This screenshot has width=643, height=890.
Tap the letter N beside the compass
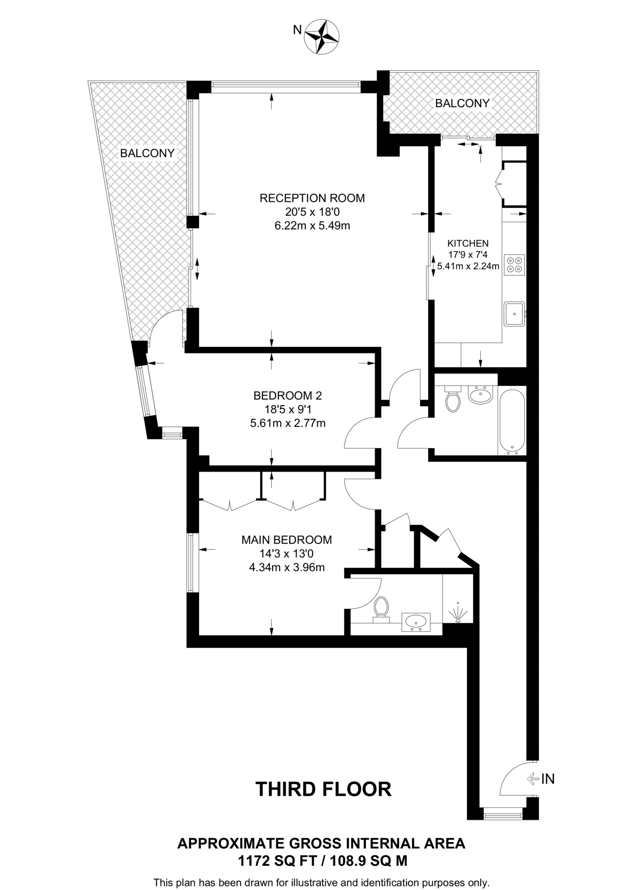click(x=297, y=30)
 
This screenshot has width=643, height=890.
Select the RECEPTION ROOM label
click(x=312, y=198)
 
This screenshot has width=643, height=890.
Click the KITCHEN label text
click(x=468, y=243)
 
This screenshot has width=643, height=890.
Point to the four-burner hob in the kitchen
click(x=514, y=265)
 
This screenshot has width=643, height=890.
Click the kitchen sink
click(x=514, y=314)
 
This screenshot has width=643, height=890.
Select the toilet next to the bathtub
click(x=453, y=399)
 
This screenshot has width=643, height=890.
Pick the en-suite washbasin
click(x=416, y=622)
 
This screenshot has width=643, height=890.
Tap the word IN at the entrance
click(x=548, y=779)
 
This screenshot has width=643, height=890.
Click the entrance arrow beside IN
click(x=532, y=779)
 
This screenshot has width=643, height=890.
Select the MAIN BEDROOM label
click(x=287, y=540)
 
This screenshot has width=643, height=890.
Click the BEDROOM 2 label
click(x=287, y=395)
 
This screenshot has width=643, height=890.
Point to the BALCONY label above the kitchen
click(x=462, y=103)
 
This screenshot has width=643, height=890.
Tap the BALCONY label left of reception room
click(x=147, y=153)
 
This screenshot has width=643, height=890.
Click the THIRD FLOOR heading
click(x=323, y=789)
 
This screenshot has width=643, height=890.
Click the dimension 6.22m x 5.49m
click(x=312, y=226)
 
